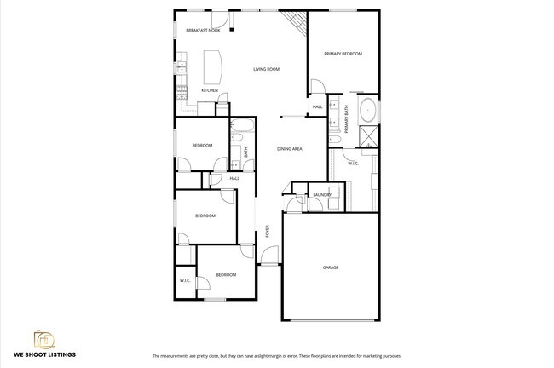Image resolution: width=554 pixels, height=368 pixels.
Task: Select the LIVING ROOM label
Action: (266, 69)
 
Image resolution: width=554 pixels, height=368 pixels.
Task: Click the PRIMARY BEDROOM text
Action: (343, 54)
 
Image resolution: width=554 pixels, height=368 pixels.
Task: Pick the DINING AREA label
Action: (290, 149)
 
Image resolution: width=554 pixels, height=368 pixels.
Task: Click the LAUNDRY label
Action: (321, 195)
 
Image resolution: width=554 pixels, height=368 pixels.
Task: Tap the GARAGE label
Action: (330, 267)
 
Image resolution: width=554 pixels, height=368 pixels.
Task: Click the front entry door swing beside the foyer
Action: (270, 254)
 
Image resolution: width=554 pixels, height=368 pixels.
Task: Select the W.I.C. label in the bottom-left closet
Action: (184, 280)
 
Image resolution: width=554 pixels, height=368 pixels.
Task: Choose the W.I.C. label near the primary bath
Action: (353, 164)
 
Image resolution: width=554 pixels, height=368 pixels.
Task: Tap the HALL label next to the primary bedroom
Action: (317, 107)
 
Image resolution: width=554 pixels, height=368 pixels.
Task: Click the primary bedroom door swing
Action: (317, 85)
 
